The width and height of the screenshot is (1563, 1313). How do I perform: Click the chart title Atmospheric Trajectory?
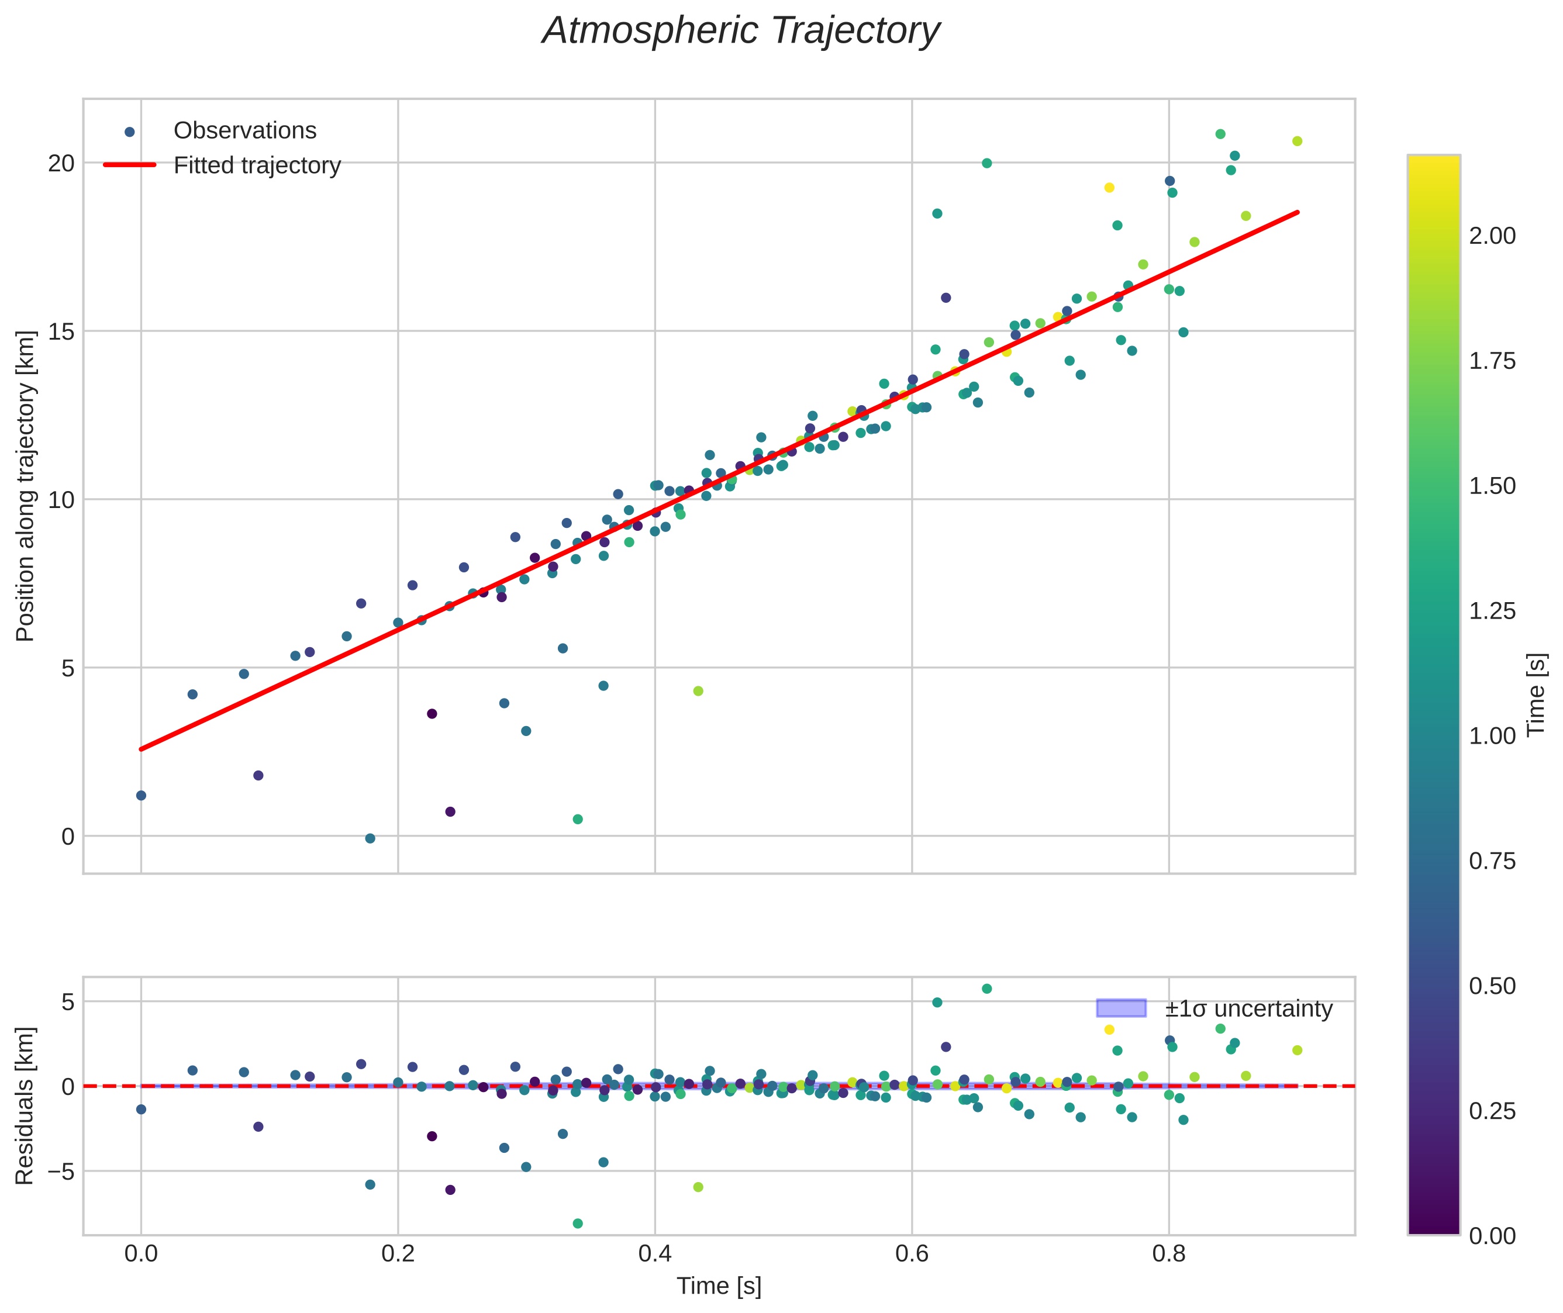tap(741, 31)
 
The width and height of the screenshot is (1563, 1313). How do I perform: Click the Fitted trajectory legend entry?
tap(222, 165)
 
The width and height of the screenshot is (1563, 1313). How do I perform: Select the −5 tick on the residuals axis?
tap(57, 1171)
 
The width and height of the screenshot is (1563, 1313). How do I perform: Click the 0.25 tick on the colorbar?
tap(1492, 1111)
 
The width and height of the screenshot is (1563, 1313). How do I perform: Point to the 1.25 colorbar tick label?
tap(1492, 611)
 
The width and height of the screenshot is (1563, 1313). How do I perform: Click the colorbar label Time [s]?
tap(1537, 694)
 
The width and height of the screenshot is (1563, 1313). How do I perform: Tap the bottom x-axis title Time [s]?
tap(719, 1286)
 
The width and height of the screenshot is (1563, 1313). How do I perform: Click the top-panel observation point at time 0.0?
tap(142, 796)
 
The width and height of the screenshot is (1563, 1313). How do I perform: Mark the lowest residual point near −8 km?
tap(578, 1224)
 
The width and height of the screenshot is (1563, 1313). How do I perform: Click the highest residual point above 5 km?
tap(986, 989)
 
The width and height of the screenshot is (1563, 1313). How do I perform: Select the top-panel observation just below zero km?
tap(370, 839)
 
